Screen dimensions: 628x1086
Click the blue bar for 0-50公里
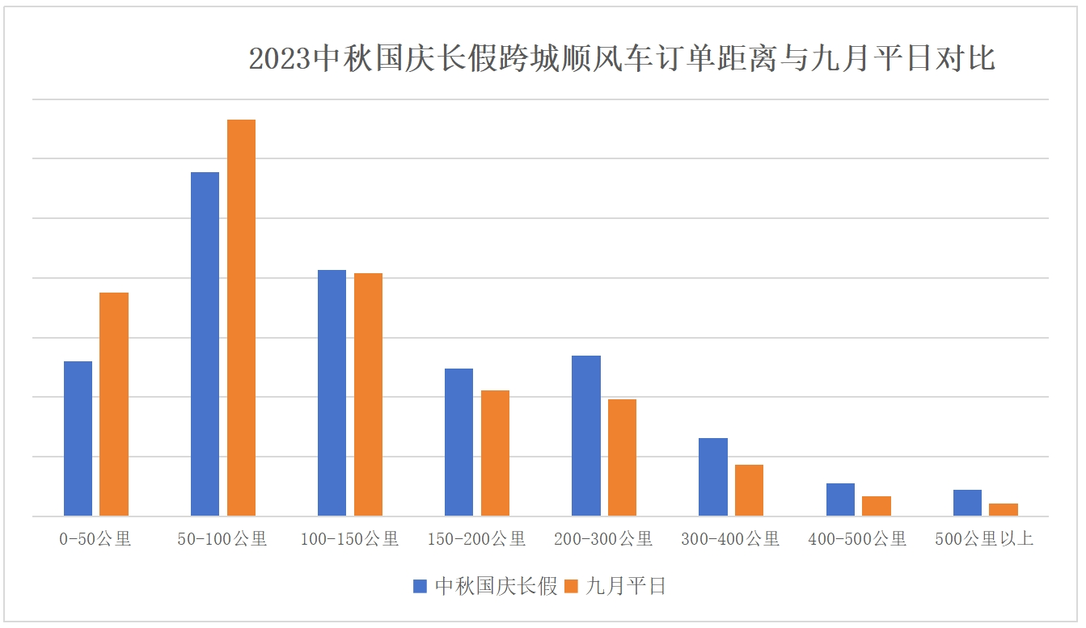[78, 438]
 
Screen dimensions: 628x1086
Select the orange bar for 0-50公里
[114, 404]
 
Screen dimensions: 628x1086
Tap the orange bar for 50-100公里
[241, 318]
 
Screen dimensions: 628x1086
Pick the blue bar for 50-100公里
[205, 344]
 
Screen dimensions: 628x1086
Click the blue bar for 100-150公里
[332, 393]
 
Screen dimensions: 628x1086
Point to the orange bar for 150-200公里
[495, 453]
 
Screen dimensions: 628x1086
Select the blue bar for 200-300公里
[586, 436]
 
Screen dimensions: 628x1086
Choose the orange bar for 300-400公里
[749, 490]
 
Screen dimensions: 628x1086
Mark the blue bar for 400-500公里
[840, 499]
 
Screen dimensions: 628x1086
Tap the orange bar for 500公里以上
[1004, 509]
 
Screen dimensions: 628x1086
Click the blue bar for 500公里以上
[967, 503]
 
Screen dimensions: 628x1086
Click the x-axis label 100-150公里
[349, 538]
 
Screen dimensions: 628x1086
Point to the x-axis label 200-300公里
[603, 538]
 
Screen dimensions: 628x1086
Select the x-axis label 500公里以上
[984, 538]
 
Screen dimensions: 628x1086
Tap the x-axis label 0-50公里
[95, 538]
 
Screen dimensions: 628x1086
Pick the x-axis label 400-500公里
[857, 538]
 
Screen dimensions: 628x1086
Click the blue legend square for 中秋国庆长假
[420, 586]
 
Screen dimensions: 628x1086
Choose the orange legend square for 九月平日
[571, 586]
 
